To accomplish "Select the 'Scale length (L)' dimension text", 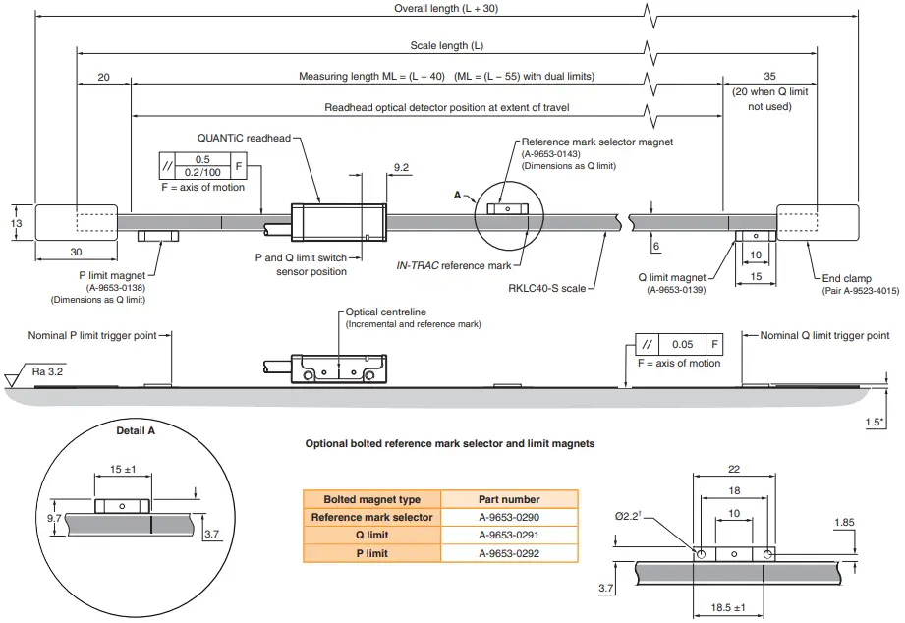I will pyautogui.click(x=447, y=46).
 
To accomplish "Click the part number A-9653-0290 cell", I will pyautogui.click(x=509, y=517).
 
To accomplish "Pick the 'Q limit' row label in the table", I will pyautogui.click(x=371, y=536).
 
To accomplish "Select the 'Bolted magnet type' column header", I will pyautogui.click(x=371, y=499).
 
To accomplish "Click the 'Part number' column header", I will pyautogui.click(x=509, y=499).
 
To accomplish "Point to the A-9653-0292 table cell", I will pyautogui.click(x=509, y=554).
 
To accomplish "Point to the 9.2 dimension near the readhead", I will pyautogui.click(x=401, y=168).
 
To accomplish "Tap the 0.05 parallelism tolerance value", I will pyautogui.click(x=682, y=345).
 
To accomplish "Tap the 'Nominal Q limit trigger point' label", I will pyautogui.click(x=824, y=336).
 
